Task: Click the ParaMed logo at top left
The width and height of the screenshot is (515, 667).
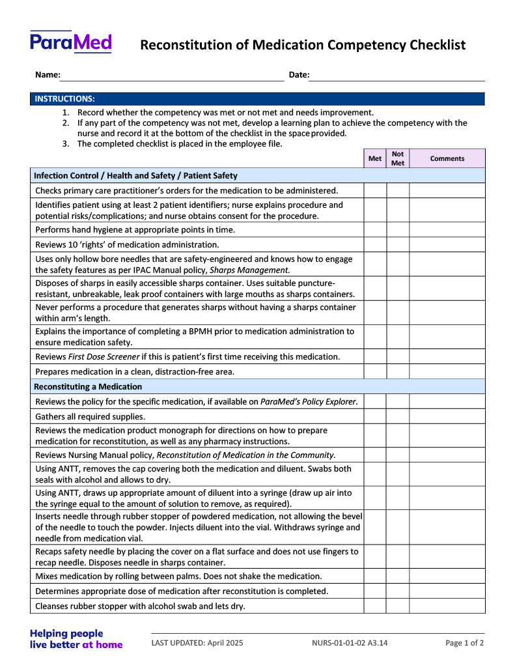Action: [70, 42]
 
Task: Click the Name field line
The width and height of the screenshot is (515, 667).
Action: [172, 76]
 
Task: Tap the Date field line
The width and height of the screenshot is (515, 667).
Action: [397, 76]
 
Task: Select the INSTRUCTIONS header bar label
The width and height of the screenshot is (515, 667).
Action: [64, 99]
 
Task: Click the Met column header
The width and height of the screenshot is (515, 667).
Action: [375, 158]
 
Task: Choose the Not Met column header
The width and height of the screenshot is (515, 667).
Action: [398, 158]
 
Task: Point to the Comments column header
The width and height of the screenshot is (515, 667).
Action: [447, 158]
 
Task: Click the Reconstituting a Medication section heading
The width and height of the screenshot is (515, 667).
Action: [87, 386]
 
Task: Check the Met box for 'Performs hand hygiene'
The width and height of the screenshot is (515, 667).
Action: [375, 230]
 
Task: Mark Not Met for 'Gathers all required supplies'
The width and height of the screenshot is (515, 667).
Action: [398, 416]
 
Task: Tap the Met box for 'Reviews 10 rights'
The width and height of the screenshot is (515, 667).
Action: [375, 245]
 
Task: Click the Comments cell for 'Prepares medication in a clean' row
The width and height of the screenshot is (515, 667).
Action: [447, 371]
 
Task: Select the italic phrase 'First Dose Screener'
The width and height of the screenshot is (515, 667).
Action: [104, 357]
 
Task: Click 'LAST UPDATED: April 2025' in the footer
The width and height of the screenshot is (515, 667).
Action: [197, 643]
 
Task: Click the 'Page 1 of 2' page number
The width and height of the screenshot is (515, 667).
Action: [464, 643]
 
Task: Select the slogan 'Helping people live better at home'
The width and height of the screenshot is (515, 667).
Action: [76, 639]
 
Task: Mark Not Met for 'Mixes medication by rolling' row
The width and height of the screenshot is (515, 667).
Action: [398, 576]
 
